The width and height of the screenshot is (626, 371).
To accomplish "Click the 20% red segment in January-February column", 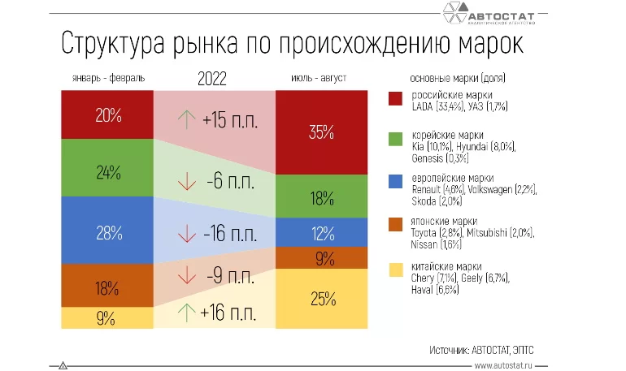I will [x=108, y=115].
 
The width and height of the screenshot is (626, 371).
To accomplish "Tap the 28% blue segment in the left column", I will [x=108, y=232].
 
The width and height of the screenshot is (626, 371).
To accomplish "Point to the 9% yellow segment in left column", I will [x=108, y=318].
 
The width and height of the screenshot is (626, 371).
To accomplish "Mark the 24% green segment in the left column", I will [x=108, y=172].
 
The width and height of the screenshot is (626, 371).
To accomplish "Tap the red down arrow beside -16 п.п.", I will [x=187, y=234].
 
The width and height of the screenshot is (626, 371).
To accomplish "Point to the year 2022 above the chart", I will [x=212, y=79].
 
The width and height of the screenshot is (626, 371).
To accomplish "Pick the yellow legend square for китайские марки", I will [x=396, y=270].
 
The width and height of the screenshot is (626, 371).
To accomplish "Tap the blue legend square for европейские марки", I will [x=396, y=183].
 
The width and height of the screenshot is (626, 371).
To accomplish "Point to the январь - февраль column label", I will [x=107, y=79].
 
